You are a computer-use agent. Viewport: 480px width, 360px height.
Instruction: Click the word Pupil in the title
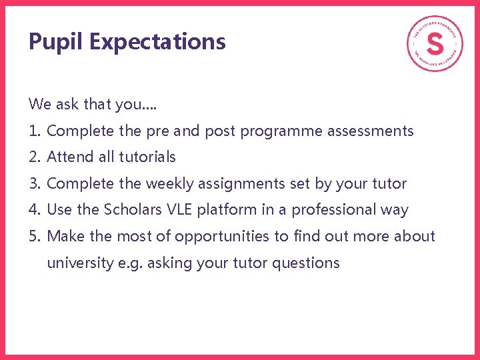pos(56,42)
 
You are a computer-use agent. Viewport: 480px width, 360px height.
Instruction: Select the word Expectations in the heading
pos(157,42)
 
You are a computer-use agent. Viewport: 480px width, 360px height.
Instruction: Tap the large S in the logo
pos(435,44)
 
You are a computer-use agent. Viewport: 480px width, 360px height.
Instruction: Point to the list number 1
pos(35,131)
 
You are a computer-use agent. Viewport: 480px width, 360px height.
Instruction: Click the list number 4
pos(35,210)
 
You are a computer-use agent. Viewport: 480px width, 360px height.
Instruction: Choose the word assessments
pos(371,131)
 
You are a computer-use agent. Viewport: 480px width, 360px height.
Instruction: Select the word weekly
pos(169,184)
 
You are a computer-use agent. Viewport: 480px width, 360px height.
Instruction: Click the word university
pos(80,263)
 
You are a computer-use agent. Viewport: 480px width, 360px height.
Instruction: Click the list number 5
pos(35,237)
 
